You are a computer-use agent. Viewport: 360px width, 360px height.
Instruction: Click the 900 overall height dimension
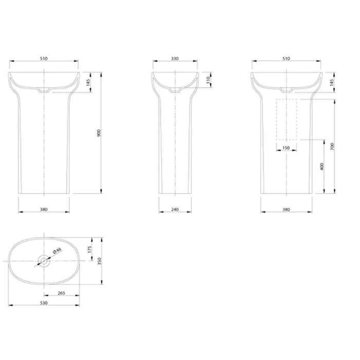tap(99, 133)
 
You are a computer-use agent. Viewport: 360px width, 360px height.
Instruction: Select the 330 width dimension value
tap(175, 59)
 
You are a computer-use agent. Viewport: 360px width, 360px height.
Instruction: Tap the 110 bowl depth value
tap(208, 80)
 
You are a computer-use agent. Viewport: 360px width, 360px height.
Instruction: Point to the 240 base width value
tap(175, 209)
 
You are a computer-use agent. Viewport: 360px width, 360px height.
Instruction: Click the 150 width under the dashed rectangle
tap(286, 148)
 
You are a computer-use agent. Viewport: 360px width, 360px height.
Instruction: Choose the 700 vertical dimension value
tap(332, 147)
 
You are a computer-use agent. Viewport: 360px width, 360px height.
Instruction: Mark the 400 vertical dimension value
tap(321, 167)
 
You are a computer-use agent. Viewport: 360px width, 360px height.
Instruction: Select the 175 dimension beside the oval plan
tap(89, 249)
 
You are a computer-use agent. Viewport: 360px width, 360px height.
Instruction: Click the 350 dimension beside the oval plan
tap(99, 261)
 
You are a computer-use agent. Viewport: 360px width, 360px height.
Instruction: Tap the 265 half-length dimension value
tap(62, 293)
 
